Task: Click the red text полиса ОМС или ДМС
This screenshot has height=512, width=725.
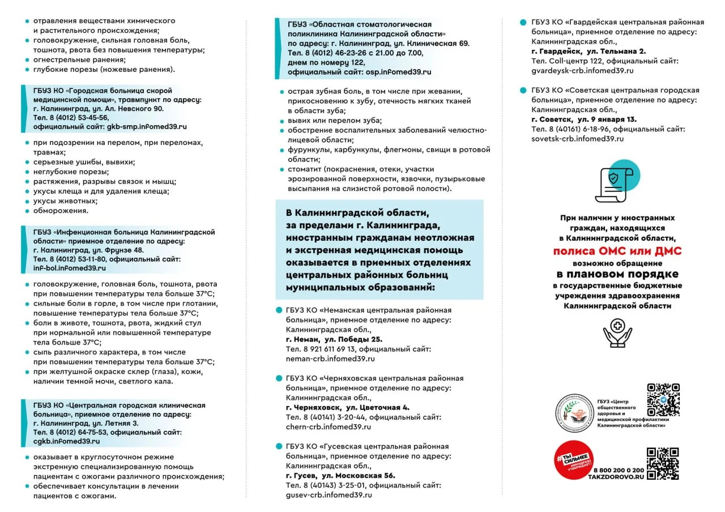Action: pos(617,251)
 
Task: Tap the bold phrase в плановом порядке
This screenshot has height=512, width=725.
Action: pos(617,274)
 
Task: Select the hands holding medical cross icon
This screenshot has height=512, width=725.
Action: pos(617,332)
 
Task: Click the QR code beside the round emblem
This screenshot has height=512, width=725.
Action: pos(663,399)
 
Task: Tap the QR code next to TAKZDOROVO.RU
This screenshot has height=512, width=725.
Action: pos(663,463)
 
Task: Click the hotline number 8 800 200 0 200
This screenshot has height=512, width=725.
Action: pos(619,471)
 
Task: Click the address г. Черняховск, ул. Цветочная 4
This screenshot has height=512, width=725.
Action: pos(348,407)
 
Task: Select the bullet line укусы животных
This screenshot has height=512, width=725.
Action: pos(65,201)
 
